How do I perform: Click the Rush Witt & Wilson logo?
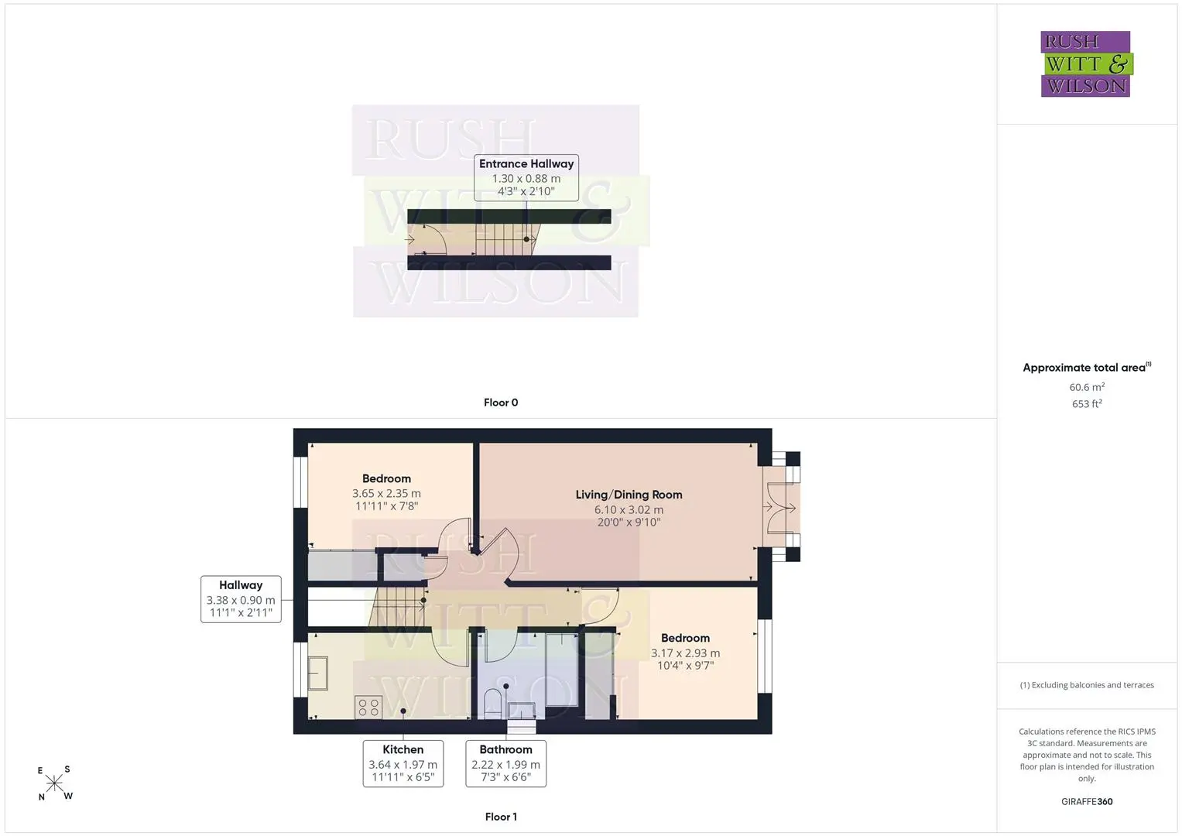pos(1086,63)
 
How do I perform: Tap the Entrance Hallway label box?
pos(526,177)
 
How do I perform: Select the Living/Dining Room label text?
pos(629,495)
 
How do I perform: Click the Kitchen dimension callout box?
pos(403,763)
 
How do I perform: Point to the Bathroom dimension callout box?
pos(505,763)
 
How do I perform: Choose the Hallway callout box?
pos(241,599)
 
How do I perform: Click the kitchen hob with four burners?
pos(368,708)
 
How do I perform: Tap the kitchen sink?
pos(317,673)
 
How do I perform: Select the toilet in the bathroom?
pos(493,703)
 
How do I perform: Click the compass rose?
pos(54,783)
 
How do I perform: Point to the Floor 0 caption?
pos(501,403)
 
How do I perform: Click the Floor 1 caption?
pos(501,817)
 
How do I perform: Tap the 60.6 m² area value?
pos(1087,387)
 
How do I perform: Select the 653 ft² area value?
pos(1087,404)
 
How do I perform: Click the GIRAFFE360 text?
pos(1087,802)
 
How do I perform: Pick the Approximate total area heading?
pos(1087,368)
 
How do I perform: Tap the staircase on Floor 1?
pos(397,607)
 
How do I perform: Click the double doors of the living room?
pos(781,508)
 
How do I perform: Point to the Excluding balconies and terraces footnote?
pos(1087,685)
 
